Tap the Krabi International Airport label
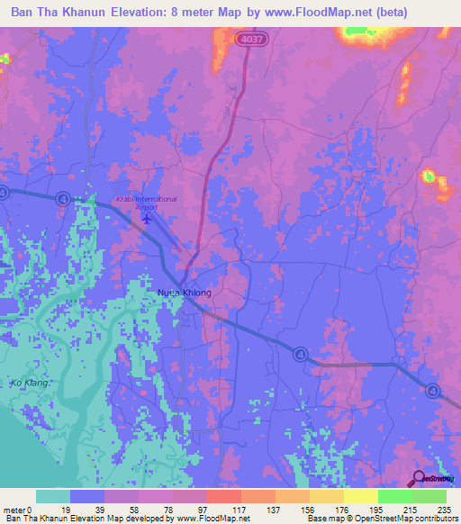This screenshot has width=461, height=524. pyautogui.click(x=145, y=203)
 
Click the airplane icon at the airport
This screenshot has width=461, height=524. pyautogui.click(x=147, y=220)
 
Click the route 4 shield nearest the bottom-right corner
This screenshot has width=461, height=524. pyautogui.click(x=434, y=391)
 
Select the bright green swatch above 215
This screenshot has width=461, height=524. pyautogui.click(x=394, y=497)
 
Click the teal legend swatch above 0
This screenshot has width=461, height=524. pyautogui.click(x=53, y=497)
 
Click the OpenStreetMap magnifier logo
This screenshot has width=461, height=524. pyautogui.click(x=419, y=478)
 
